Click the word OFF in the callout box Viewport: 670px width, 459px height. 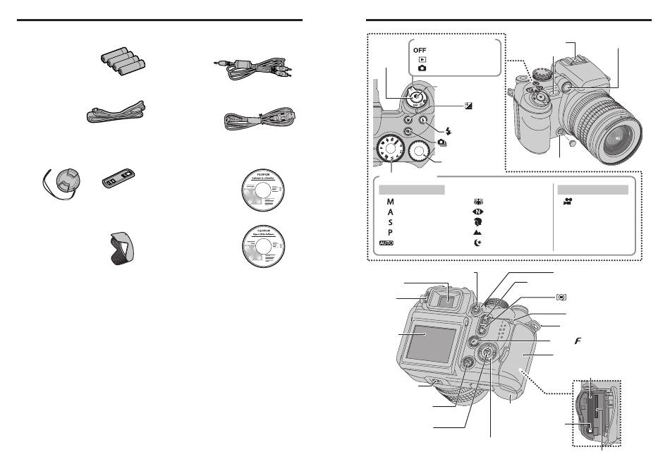point(420,51)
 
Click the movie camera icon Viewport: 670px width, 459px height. point(567,202)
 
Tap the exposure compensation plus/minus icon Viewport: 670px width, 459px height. point(467,105)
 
